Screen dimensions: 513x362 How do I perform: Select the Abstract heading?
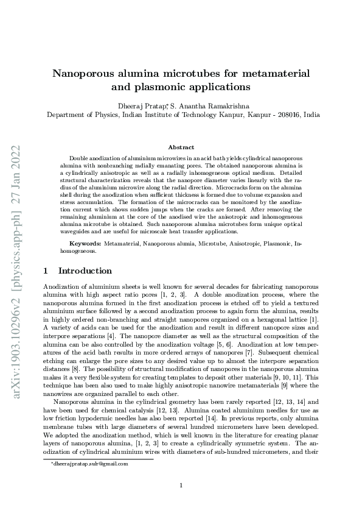(181, 147)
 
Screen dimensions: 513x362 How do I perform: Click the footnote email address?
(90, 464)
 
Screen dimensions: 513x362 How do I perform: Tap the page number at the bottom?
(181, 485)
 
